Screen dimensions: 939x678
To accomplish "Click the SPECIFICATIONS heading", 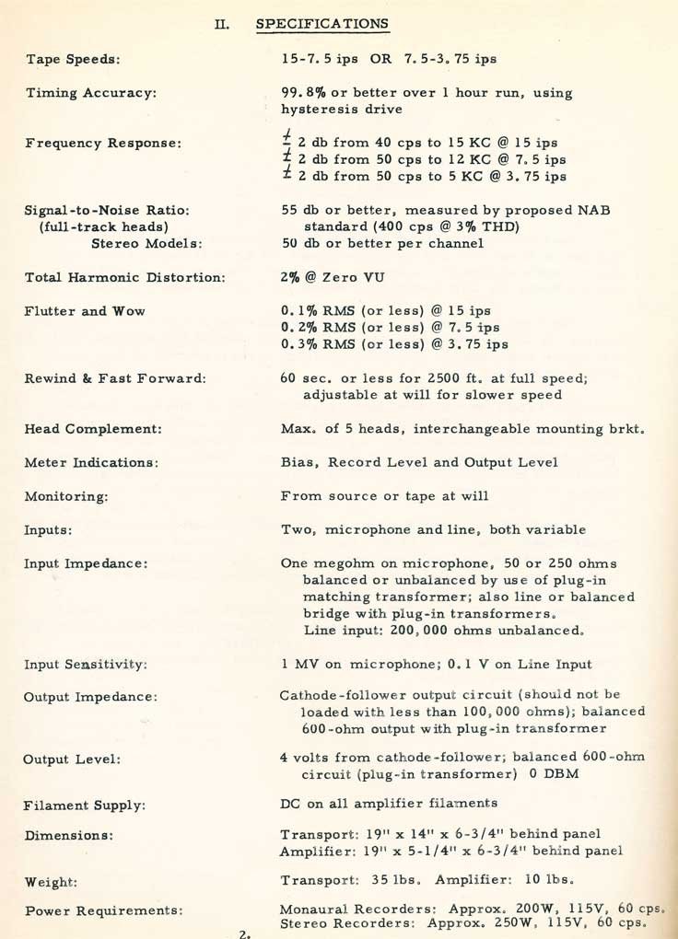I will tap(321, 24).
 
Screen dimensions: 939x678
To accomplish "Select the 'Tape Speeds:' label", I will tap(74, 59).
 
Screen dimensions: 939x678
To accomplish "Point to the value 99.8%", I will tap(300, 92).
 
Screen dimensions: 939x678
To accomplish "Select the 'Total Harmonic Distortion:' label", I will tap(125, 277).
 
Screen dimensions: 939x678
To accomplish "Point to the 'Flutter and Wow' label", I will tap(86, 311).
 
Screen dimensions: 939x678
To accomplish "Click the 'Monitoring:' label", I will tap(67, 496).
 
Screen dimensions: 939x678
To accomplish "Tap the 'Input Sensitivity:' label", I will tap(88, 664).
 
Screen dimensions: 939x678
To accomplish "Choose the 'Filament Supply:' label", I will tap(85, 806).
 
